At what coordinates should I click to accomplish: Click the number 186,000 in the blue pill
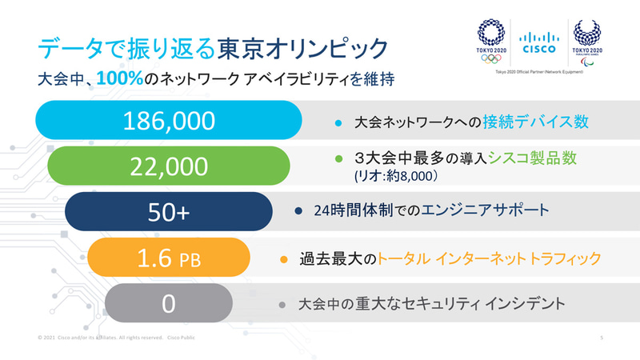coord(170,121)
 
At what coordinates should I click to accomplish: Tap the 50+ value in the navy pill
coord(170,211)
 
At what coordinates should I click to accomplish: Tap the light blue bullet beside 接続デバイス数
coord(338,123)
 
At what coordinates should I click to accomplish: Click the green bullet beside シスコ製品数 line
coord(338,158)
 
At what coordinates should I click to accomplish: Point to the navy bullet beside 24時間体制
coord(298,212)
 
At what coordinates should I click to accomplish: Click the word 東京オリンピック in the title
coord(304,46)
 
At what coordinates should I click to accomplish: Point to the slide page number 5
coord(601,338)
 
